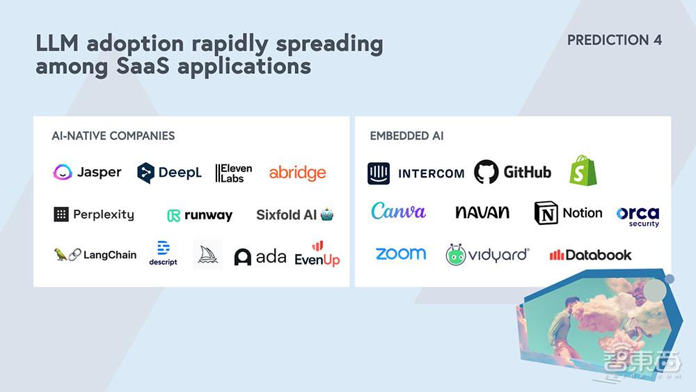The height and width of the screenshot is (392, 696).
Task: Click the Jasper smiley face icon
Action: click(63, 172)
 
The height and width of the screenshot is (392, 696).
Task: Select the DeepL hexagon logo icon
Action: click(145, 173)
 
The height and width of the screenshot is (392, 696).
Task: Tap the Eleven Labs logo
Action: click(233, 173)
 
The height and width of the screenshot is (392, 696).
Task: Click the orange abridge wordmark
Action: click(297, 172)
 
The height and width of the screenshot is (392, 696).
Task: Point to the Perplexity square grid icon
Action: click(61, 214)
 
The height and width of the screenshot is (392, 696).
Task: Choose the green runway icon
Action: click(173, 216)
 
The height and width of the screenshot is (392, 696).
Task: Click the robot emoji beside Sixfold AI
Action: click(327, 215)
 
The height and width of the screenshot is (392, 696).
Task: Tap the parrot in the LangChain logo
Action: click(60, 254)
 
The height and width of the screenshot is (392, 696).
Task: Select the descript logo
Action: click(163, 253)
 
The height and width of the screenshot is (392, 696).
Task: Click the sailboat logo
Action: click(207, 254)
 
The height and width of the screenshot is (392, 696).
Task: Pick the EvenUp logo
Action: click(317, 254)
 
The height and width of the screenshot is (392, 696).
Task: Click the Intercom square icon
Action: click(379, 173)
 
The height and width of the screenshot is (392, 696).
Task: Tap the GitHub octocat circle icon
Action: click(486, 172)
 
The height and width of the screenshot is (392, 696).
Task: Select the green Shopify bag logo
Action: click(583, 171)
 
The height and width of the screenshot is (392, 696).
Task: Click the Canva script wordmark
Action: click(398, 211)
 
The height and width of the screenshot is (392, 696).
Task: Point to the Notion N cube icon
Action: click(546, 213)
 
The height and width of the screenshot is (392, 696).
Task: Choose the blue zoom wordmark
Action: click(401, 254)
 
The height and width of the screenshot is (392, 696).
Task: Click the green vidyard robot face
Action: click(455, 255)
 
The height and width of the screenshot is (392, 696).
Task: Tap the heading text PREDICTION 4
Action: click(615, 40)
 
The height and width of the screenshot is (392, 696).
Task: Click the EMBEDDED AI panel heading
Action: click(406, 136)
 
